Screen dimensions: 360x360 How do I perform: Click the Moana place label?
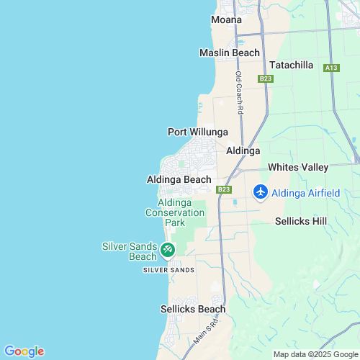[x=226, y=19]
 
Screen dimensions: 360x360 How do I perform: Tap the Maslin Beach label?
[x=229, y=53]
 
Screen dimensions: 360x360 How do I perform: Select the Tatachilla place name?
[x=291, y=65]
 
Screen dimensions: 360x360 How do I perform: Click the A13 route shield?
[x=330, y=68]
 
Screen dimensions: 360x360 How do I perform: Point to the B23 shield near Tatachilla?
[x=266, y=78]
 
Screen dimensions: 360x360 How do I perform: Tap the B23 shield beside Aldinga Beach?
[x=224, y=189]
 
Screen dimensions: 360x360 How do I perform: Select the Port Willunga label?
[x=197, y=132]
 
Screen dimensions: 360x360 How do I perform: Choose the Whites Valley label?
[x=297, y=167]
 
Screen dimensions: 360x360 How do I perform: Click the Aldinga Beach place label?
[x=179, y=179]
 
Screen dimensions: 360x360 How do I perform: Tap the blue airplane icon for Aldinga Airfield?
[x=260, y=192]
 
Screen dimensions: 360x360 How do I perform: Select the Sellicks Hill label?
[x=301, y=222]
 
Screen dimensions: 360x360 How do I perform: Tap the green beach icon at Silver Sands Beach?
[x=167, y=251]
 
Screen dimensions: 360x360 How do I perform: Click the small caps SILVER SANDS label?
[x=168, y=269]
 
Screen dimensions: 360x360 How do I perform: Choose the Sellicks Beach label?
[x=192, y=309]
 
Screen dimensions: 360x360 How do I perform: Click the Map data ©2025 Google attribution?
[x=315, y=354]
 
